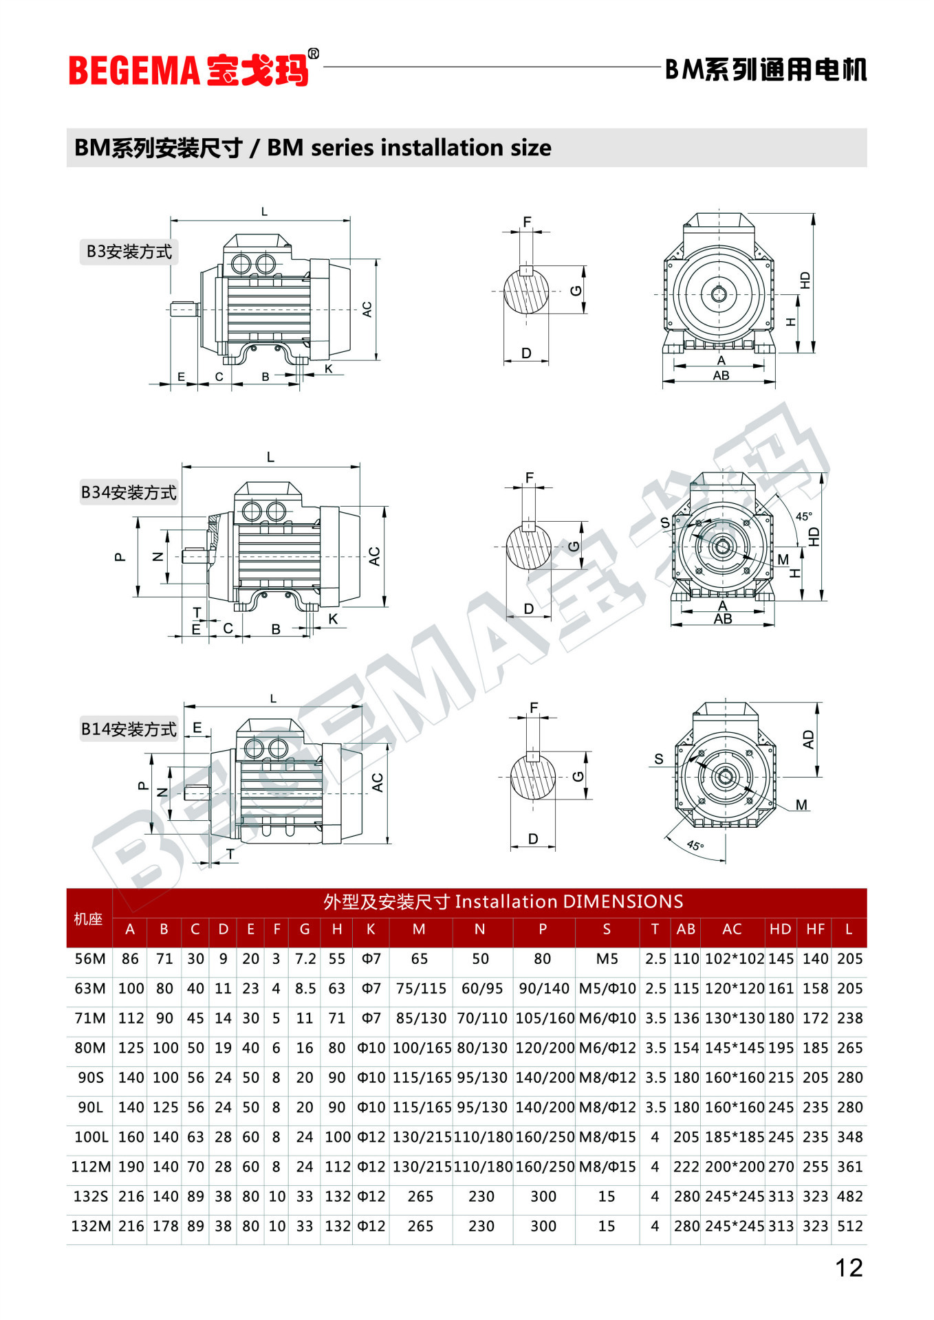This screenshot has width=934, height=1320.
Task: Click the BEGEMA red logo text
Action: click(x=133, y=70)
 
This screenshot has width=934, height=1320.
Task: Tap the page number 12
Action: click(x=849, y=1267)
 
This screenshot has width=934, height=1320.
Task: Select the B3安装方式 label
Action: click(x=129, y=252)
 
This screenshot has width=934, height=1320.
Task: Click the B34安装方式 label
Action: click(x=129, y=492)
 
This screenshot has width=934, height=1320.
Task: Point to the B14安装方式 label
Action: click(x=129, y=729)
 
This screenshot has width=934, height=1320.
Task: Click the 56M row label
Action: click(x=90, y=959)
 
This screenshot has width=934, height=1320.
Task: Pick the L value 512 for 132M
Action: click(x=849, y=1226)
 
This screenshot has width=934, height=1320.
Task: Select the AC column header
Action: click(x=732, y=929)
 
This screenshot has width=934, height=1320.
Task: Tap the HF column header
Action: click(x=815, y=929)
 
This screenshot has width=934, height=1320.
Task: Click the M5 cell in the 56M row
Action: click(x=607, y=959)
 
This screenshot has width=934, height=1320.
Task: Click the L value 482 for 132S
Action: click(x=849, y=1196)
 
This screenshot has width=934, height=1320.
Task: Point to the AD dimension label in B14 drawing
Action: click(x=808, y=740)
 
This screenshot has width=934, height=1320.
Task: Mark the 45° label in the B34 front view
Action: click(x=803, y=516)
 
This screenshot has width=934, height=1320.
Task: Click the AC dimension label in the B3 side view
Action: click(x=367, y=309)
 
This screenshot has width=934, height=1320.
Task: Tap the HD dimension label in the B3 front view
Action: click(x=805, y=280)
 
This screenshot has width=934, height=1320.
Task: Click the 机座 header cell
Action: click(x=88, y=919)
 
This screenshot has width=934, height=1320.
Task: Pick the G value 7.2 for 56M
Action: click(x=305, y=959)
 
